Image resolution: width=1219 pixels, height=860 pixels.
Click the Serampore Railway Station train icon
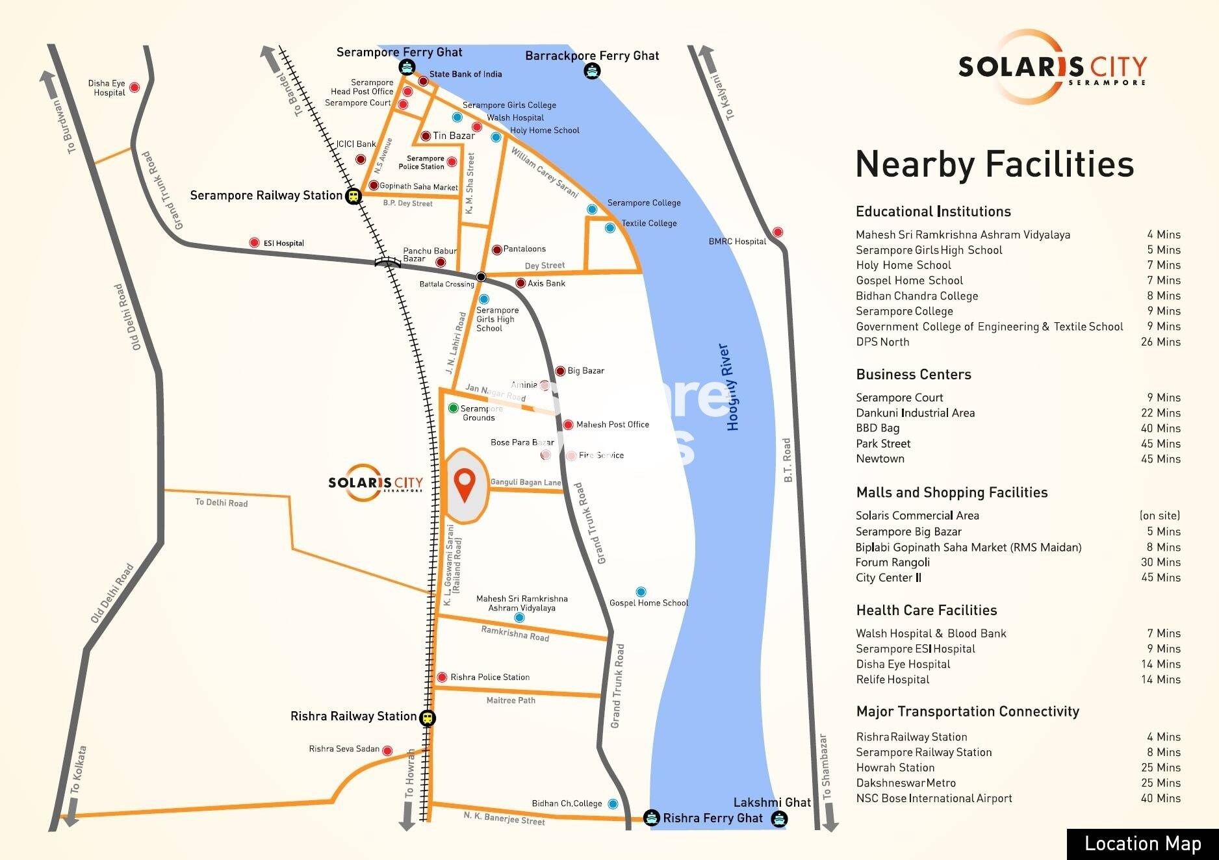click(x=353, y=195)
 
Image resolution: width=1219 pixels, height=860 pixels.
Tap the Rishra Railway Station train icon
click(x=427, y=718)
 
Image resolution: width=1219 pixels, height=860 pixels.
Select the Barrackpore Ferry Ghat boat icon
click(x=591, y=71)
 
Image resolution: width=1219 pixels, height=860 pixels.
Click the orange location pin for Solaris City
click(x=465, y=485)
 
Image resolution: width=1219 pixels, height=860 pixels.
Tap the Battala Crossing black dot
click(x=481, y=277)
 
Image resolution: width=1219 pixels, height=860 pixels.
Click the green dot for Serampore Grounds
click(x=454, y=408)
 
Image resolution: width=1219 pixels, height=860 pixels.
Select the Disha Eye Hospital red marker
click(x=135, y=87)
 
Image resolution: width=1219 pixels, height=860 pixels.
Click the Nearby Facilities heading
click(x=994, y=164)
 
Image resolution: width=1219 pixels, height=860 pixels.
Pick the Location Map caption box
click(x=1142, y=844)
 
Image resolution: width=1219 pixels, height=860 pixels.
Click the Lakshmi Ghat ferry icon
click(x=778, y=819)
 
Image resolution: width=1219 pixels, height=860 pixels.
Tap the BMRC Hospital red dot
click(x=777, y=233)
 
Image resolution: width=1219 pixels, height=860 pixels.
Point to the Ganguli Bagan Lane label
click(x=526, y=483)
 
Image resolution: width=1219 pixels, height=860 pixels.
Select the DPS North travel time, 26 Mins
click(x=1161, y=342)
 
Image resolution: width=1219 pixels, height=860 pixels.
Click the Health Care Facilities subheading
click(x=926, y=610)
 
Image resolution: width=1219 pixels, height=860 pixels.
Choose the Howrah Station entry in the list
click(x=895, y=768)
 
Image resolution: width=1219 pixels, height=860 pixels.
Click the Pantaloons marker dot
click(x=497, y=249)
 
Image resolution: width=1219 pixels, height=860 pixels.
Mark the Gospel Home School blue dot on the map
click(x=641, y=592)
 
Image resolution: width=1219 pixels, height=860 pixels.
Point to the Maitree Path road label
click(x=511, y=700)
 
